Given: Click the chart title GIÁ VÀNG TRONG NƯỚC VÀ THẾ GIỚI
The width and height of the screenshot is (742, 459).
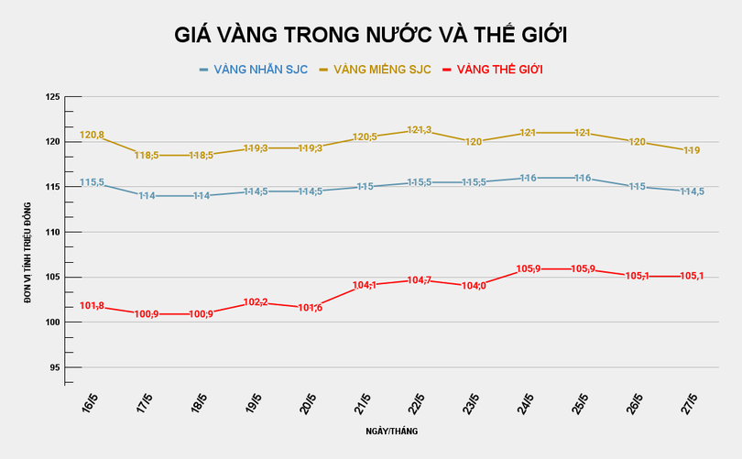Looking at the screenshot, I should pos(371,36).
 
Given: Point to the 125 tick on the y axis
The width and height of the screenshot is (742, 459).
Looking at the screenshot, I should pos(52,97).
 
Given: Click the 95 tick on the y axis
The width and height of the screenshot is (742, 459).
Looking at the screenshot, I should pos(54,367).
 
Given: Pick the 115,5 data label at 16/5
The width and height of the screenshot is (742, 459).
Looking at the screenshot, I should pos(93,183).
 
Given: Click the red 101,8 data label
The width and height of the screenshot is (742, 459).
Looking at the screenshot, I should pos(93,306).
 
